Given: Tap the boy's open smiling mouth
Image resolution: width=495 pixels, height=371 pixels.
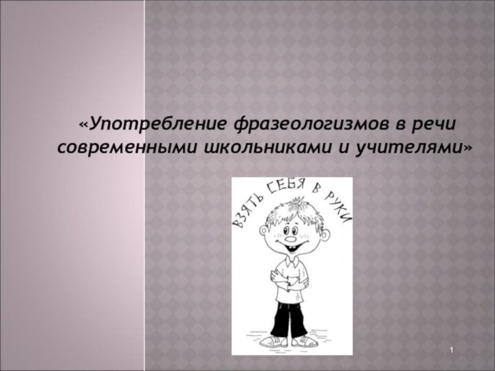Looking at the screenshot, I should pos(297,245).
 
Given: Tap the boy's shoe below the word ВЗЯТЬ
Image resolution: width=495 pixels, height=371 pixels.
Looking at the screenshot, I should pos(274,341).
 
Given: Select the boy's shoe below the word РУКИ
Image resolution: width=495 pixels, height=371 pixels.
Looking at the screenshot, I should pos(304,341).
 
